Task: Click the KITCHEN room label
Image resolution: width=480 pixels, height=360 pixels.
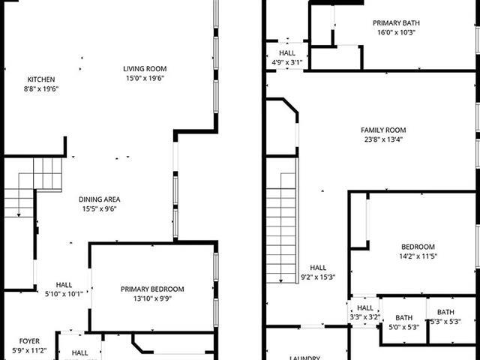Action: click(41, 79)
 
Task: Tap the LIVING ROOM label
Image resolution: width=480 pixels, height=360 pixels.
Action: click(145, 69)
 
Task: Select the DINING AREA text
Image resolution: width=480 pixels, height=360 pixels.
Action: click(100, 199)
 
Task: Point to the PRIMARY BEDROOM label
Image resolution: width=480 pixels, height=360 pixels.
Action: click(152, 289)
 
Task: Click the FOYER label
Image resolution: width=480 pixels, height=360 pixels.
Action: click(30, 340)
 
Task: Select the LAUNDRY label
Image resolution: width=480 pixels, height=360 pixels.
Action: click(305, 358)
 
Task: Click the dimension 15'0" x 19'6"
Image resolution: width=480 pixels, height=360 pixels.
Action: click(145, 78)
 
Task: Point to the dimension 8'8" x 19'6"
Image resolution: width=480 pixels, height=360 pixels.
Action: click(41, 88)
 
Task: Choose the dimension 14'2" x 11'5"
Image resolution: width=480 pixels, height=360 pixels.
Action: click(418, 256)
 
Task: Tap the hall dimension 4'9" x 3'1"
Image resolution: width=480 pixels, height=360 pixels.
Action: click(287, 62)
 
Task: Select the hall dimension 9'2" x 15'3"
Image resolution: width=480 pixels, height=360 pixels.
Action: click(318, 277)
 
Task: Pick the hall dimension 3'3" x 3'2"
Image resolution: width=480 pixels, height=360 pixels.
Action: click(365, 317)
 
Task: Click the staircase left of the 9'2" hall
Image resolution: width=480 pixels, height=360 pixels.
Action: click(282, 225)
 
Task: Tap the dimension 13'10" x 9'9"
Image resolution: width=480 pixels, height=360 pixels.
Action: click(152, 298)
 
